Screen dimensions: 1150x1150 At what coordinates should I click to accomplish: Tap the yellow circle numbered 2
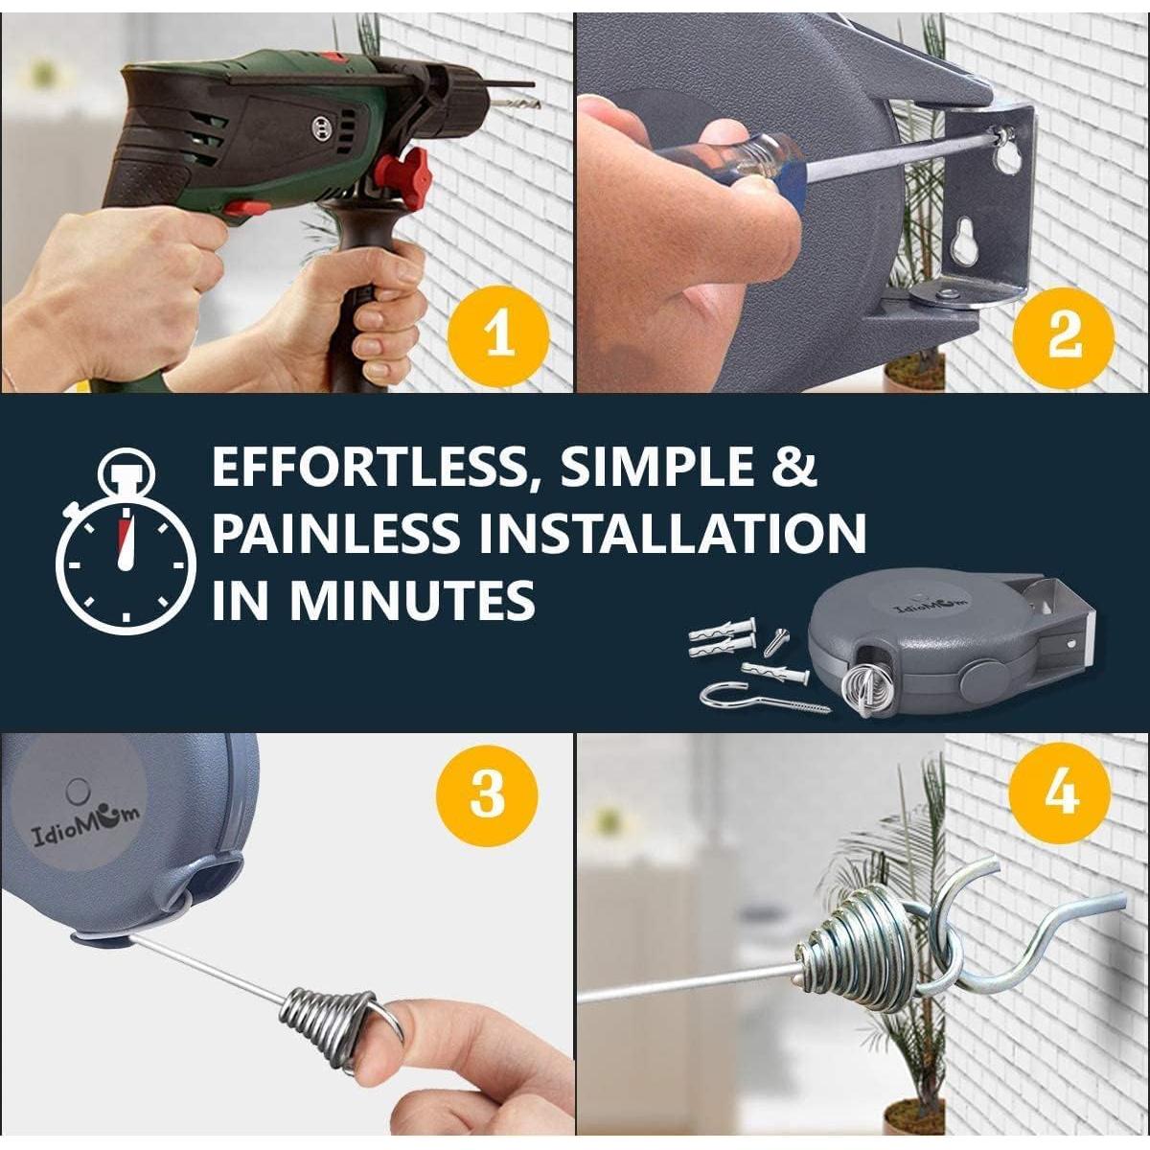1063,337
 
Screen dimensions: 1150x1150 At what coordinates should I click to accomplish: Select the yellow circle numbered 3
487,796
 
